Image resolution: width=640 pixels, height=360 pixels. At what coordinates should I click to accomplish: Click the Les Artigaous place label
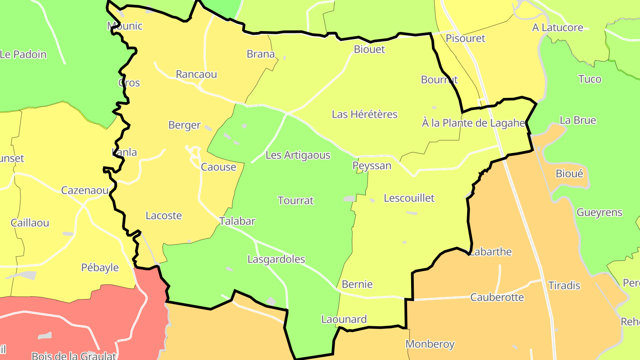point(298,155)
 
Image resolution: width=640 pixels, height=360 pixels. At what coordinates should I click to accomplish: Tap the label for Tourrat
point(296,200)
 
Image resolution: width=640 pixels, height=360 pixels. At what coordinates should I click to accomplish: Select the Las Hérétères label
point(364,114)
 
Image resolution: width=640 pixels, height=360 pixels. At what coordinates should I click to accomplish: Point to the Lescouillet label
point(409,198)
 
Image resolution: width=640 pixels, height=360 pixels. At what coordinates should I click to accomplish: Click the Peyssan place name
point(372,166)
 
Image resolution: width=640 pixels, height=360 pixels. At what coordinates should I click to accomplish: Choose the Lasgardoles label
point(276,259)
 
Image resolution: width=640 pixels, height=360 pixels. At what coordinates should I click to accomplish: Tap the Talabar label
point(237,221)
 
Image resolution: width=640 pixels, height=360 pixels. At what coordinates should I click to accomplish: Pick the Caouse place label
point(219,167)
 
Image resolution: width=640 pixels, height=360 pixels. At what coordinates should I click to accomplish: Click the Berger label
point(184,125)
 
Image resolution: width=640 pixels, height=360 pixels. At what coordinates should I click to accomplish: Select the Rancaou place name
point(196,74)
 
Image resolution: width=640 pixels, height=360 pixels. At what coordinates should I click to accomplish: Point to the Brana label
point(261,54)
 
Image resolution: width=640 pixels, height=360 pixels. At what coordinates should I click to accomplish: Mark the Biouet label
point(369,49)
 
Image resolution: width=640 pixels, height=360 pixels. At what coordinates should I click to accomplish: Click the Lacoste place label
point(164,216)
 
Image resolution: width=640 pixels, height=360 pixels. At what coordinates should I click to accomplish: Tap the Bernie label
point(357,284)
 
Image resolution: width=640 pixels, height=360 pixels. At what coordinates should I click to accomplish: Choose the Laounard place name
point(344,319)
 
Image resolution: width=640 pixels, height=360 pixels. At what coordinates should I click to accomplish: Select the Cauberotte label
point(497,297)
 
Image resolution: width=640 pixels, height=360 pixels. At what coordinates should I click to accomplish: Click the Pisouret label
point(466,38)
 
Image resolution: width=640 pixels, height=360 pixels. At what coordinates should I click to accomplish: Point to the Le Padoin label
point(23,55)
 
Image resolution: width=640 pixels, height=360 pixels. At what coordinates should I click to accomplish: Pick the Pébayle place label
point(100,268)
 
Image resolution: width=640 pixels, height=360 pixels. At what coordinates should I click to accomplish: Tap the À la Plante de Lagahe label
point(474,123)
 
